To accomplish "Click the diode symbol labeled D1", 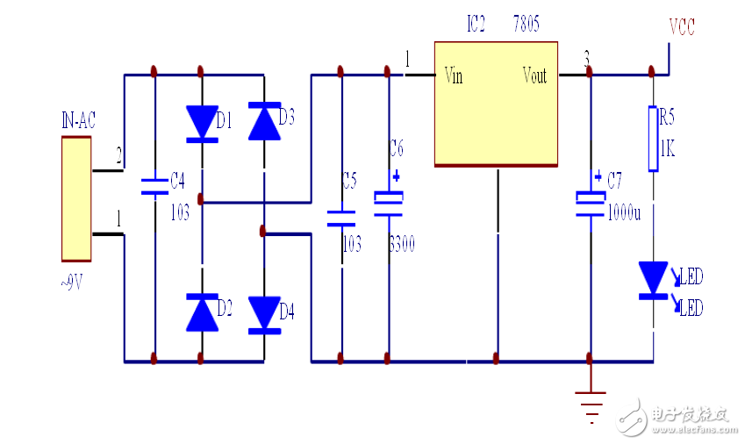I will tap(202, 123).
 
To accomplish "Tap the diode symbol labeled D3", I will tap(263, 122).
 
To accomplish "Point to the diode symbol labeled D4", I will tap(263, 314).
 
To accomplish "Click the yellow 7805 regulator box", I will tap(497, 103).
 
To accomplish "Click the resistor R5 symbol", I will tap(652, 139).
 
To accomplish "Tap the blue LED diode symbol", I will tap(652, 280).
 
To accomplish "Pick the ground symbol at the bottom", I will tap(589, 402).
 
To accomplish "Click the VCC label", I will tap(681, 27).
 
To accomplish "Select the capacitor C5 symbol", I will tap(340, 218).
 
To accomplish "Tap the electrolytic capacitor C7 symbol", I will tap(589, 203).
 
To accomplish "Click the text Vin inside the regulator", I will tap(454, 75).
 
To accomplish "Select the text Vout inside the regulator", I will tap(534, 75).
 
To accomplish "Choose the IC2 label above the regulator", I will tap(476, 25).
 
